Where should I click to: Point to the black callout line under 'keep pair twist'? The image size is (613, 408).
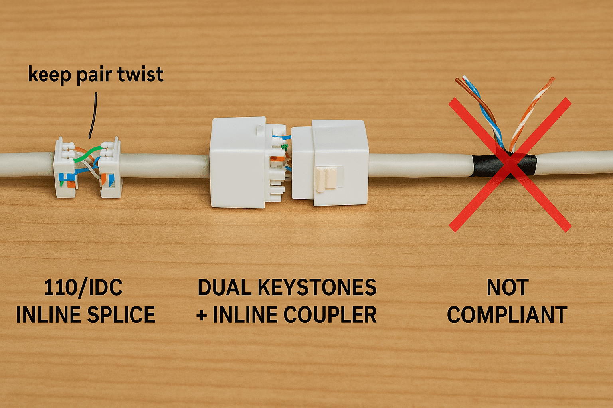point(93,116)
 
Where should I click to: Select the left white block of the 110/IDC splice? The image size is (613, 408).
point(64,168)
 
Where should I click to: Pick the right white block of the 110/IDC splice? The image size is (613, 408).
point(111,168)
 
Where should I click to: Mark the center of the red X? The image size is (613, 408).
point(510,164)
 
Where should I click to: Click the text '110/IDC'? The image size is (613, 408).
point(83,288)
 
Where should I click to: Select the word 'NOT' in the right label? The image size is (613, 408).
point(508,288)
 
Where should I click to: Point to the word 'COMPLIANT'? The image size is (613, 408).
point(507,315)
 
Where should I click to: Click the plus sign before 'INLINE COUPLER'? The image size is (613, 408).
point(202,315)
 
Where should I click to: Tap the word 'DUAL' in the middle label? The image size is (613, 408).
point(224,288)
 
